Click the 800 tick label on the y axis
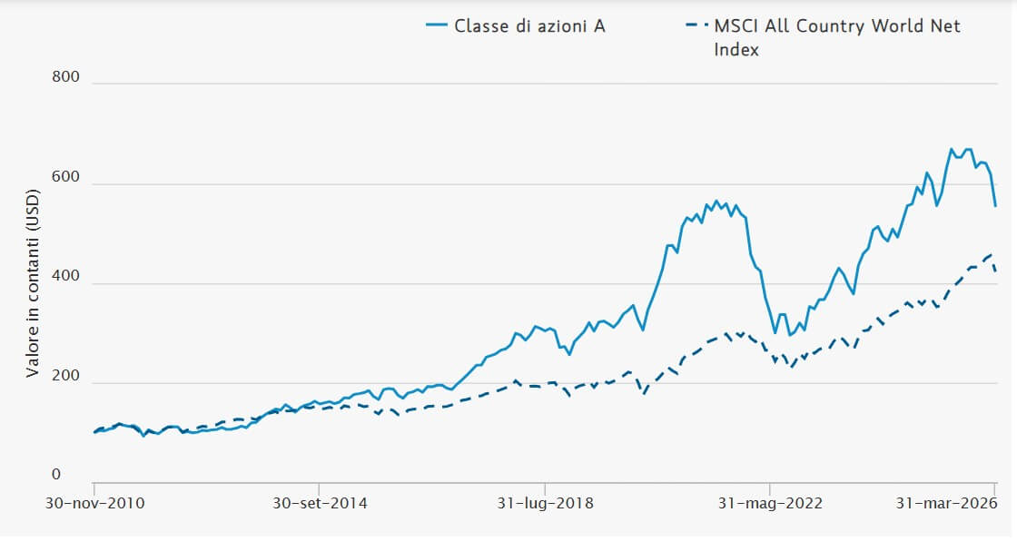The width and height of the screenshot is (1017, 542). [x=66, y=77]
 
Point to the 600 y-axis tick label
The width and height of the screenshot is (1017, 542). [x=66, y=177]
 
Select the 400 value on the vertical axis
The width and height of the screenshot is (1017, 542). [x=66, y=276]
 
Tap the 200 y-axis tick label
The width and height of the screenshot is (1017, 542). [x=66, y=376]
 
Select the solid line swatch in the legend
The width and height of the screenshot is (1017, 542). [x=439, y=25]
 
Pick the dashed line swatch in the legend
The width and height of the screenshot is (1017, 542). [x=696, y=25]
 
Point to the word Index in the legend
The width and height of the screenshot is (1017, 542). [x=736, y=49]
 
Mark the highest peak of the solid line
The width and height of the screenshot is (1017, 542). [x=951, y=149]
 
